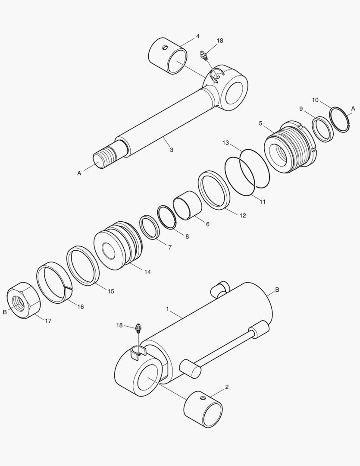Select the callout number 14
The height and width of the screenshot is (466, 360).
coord(147,272)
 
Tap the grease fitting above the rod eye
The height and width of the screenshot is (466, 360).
coord(204,55)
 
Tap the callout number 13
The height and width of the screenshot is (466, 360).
coord(225,142)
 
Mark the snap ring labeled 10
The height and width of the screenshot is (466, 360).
coord(339,120)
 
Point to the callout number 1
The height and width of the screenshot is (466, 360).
coord(168,309)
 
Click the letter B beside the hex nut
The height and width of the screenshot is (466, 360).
coord(5,312)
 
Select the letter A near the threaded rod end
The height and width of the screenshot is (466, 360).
coord(79,173)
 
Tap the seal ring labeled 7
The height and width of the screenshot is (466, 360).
coord(150,227)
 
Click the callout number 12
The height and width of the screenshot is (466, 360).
coord(243,215)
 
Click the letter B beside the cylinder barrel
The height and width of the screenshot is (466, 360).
coord(277,290)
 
